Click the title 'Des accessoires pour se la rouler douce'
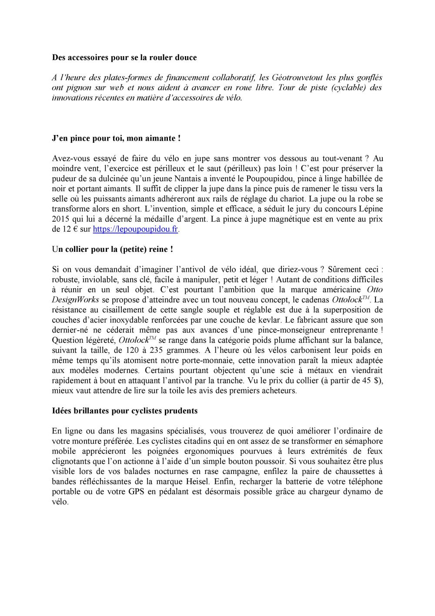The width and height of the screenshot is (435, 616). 124,58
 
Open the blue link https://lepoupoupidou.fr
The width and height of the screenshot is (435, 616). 136,229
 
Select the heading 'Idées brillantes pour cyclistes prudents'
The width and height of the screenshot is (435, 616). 125,411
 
